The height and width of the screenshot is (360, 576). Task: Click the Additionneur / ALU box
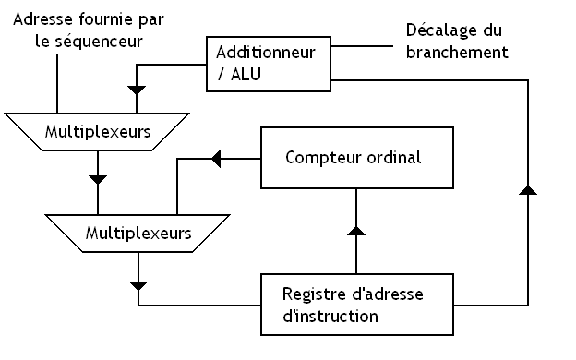tap(267, 65)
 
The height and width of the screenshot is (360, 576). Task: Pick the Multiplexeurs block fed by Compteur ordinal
tap(138, 233)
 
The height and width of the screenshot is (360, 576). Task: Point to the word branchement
tap(457, 53)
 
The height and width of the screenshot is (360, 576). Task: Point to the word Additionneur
tap(267, 53)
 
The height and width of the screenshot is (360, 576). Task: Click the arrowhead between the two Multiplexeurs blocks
tap(97, 178)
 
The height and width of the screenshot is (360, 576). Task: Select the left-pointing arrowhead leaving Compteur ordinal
tap(217, 158)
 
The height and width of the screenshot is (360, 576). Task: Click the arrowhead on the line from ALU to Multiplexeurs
tap(138, 90)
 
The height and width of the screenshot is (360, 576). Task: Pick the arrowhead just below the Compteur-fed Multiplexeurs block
tap(138, 285)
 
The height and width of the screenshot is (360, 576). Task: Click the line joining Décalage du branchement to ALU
tap(365, 44)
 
